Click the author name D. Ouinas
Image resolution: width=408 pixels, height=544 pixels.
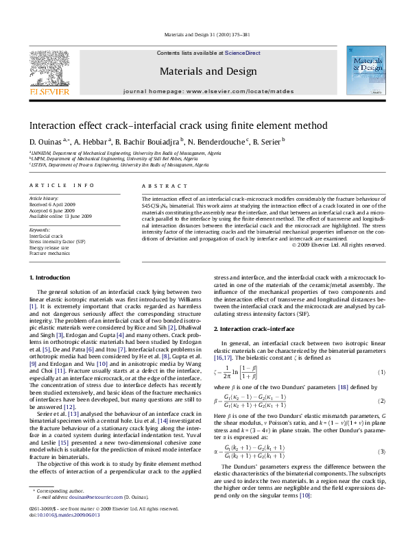click(45, 142)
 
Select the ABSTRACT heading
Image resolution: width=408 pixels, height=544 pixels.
click(160, 186)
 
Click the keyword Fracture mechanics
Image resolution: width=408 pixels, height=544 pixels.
click(49, 254)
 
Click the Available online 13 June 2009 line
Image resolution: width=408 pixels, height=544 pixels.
click(60, 216)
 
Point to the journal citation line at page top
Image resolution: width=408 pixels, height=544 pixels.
click(204, 37)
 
